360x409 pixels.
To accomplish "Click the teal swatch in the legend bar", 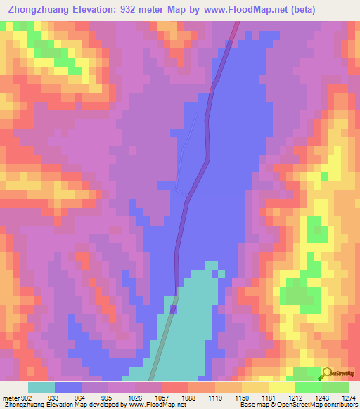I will (41, 387).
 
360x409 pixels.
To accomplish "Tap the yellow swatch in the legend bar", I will (281, 387).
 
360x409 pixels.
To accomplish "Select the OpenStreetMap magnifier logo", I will (327, 372).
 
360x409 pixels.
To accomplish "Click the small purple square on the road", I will (173, 309).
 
